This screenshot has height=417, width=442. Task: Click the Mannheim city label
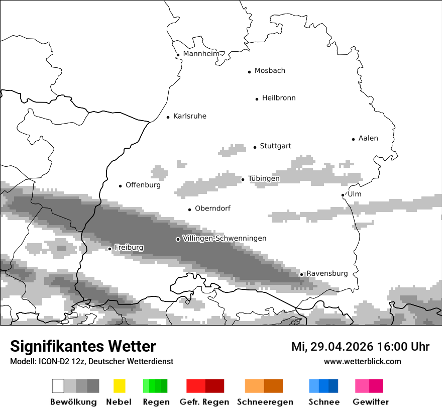[x=201, y=54]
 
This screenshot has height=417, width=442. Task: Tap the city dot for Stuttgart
[x=255, y=147]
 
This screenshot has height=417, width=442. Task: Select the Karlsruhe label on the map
[x=190, y=116]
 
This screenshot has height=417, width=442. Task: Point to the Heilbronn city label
[x=279, y=98]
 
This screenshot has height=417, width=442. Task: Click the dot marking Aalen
[x=353, y=139]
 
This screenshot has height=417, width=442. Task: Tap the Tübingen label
[x=264, y=178]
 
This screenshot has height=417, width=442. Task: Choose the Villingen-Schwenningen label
[x=225, y=238]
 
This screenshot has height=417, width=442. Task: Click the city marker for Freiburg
[x=109, y=249]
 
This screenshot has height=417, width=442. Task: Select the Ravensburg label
[x=327, y=273]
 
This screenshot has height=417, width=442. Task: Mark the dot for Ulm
[x=343, y=195]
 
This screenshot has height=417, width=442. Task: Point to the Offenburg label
[x=143, y=185]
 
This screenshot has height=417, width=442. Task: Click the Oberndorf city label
[x=212, y=208]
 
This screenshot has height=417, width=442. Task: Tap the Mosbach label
[x=270, y=71]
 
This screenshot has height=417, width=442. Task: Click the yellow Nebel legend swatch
[x=120, y=386]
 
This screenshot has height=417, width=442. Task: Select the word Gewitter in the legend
[x=371, y=402]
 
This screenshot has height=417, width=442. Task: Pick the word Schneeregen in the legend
[x=265, y=402]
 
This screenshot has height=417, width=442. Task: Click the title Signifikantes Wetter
[x=83, y=346]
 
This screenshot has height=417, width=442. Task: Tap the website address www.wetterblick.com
[x=362, y=361]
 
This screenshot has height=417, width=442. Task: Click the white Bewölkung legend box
[x=58, y=386]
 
